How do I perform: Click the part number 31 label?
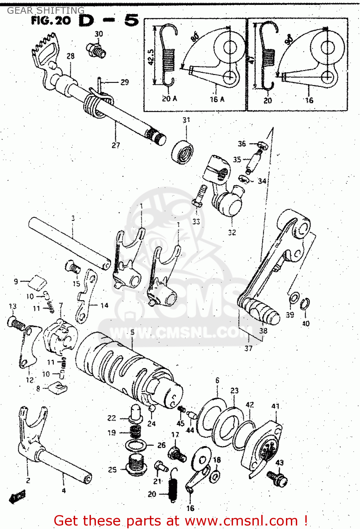click(x=186, y=120)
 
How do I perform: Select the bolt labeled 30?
click(x=96, y=50)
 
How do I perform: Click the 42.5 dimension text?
click(x=151, y=56)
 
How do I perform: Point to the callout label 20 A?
click(x=169, y=99)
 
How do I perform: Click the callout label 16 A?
click(x=217, y=99)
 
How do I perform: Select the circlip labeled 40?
click(x=305, y=304)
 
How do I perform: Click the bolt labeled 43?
click(x=277, y=478)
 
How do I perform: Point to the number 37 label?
click(x=249, y=348)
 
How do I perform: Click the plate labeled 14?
click(x=86, y=296)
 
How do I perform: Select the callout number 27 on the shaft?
click(x=116, y=145)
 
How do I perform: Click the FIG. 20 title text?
click(x=51, y=20)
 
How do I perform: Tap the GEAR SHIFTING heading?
click(x=46, y=10)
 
